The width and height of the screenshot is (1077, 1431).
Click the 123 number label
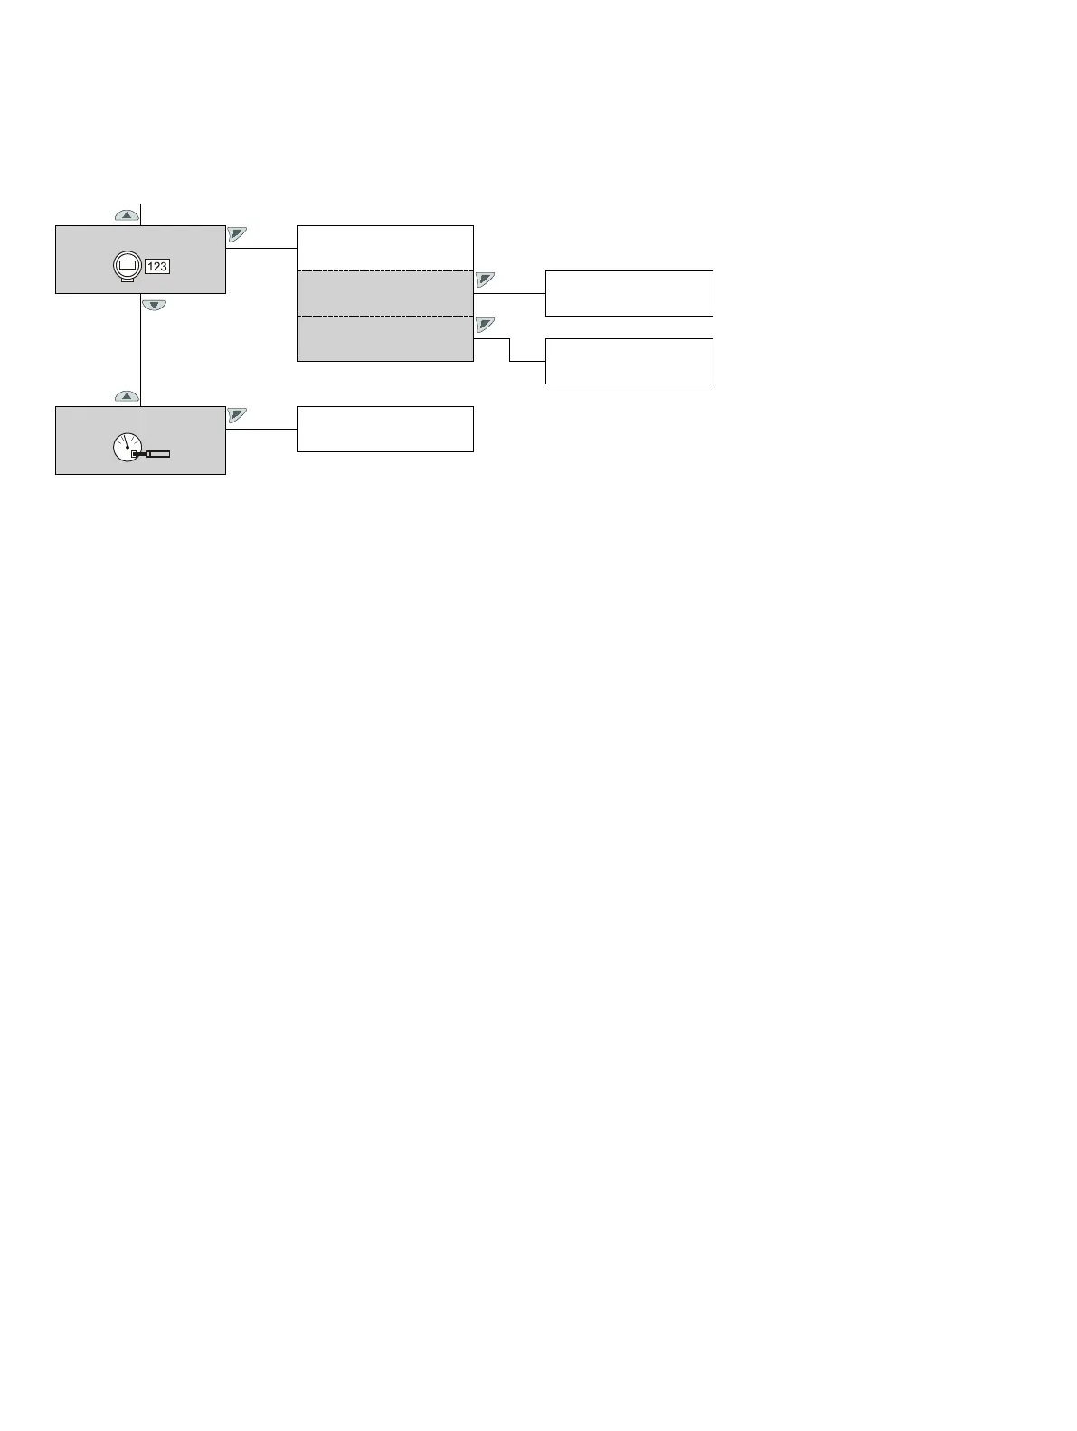[157, 267]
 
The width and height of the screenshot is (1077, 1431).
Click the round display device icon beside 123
[128, 267]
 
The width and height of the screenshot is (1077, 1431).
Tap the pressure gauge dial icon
[127, 447]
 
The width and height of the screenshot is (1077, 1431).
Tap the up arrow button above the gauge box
[127, 396]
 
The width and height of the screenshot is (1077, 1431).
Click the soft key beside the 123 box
[237, 233]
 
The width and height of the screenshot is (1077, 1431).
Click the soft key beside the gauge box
[237, 414]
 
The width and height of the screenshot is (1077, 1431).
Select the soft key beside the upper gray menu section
[485, 279]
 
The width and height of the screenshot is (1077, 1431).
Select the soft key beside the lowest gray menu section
[485, 324]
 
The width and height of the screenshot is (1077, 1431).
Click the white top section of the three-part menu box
[384, 248]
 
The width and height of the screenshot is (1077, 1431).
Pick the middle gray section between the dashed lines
[384, 293]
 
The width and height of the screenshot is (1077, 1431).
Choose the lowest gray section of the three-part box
[384, 338]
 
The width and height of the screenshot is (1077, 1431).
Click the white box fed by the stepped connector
[628, 361]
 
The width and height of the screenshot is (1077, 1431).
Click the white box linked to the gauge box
[384, 429]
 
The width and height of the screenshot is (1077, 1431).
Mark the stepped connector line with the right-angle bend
[509, 350]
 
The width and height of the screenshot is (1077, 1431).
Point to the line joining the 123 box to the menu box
[260, 248]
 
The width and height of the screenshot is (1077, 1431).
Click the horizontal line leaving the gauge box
[260, 429]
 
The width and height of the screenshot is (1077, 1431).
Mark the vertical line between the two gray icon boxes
[141, 353]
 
